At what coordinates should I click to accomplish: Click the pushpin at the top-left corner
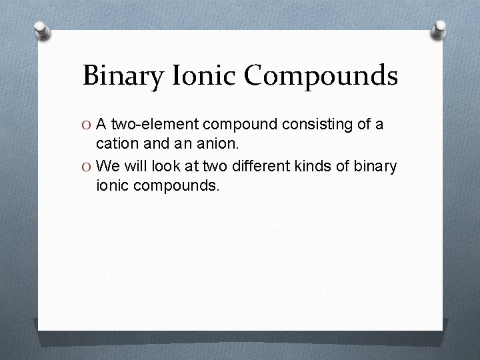point(42,30)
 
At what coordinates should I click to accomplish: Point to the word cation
point(117,145)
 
